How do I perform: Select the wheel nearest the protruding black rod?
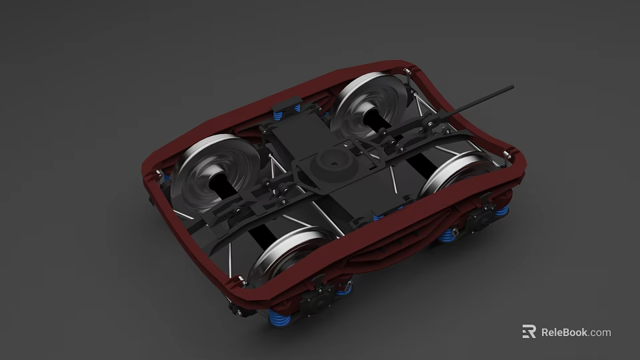point(371,107)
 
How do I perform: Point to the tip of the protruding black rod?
point(511,87)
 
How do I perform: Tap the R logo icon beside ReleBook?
point(529,331)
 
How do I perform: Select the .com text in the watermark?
point(600,332)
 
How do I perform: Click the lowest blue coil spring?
point(278,319)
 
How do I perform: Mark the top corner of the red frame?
point(407,65)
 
